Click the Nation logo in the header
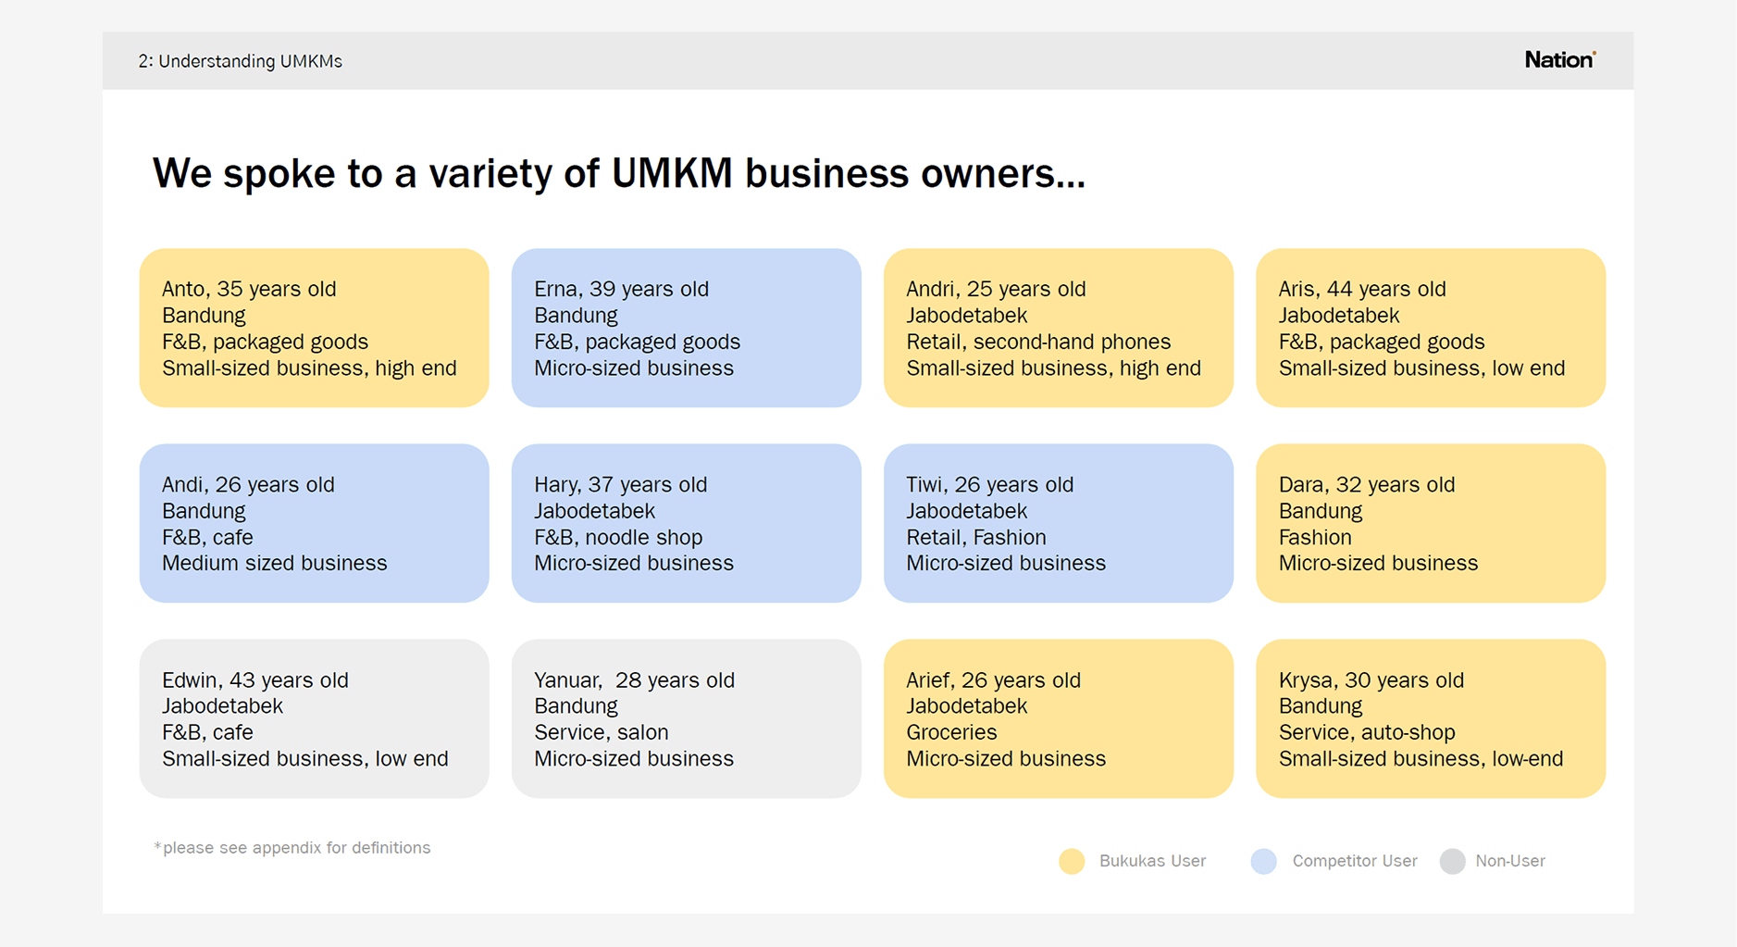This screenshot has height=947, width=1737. tap(1560, 60)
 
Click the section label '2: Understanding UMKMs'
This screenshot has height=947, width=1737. tap(241, 61)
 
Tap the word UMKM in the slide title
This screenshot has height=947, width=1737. tap(672, 173)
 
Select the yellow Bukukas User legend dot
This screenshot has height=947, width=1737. tap(1072, 861)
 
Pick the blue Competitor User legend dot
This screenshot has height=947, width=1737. tap(1263, 861)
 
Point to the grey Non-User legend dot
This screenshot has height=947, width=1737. tap(1452, 861)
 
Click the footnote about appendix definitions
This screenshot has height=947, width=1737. tap(292, 848)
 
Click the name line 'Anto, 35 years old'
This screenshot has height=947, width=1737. tap(249, 289)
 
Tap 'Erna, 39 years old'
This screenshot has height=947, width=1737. tap(621, 289)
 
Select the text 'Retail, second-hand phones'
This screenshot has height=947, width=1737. tap(1038, 342)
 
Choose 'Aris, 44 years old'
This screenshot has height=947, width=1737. tap(1362, 289)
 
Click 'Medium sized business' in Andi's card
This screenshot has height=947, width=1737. tap(275, 563)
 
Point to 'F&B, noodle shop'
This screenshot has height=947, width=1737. tap(618, 537)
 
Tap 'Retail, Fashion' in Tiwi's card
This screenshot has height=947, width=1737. tap(976, 537)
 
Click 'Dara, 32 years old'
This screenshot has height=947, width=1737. tap(1367, 484)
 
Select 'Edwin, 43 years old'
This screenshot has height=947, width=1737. tap(255, 680)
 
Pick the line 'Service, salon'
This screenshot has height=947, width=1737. tap(602, 732)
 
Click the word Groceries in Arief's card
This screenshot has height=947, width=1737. tap(951, 732)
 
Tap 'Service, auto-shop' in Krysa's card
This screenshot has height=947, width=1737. tap(1367, 732)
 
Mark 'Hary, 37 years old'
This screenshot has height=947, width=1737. tap(620, 484)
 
